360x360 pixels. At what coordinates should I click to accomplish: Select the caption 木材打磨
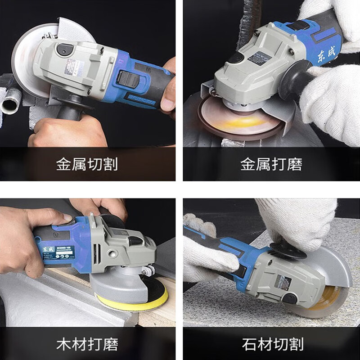click(x=87, y=345)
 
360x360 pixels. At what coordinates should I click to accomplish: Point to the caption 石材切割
click(x=272, y=345)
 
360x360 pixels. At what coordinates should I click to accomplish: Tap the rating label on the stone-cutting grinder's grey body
click(x=283, y=282)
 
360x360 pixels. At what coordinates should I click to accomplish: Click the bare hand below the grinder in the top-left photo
click(x=67, y=133)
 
